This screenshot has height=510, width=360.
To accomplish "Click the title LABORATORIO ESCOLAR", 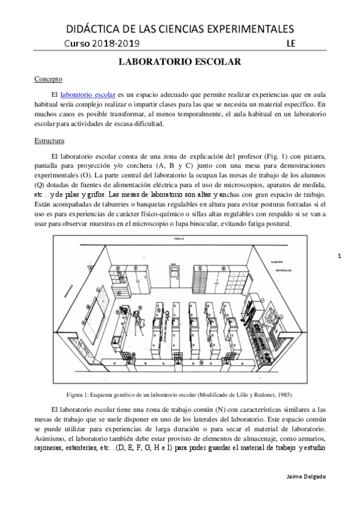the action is point(180,62).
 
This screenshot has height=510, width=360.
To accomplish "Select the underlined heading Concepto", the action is point(48,78).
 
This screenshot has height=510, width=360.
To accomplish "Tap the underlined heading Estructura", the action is point(50,141).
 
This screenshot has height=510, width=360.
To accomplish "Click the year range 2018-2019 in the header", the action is point(117,43).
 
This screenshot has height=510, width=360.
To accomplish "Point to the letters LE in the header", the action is point(291,43).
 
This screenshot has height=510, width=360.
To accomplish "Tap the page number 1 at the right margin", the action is point(340,257).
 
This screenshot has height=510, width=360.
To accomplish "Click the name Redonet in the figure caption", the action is point(266,395).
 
